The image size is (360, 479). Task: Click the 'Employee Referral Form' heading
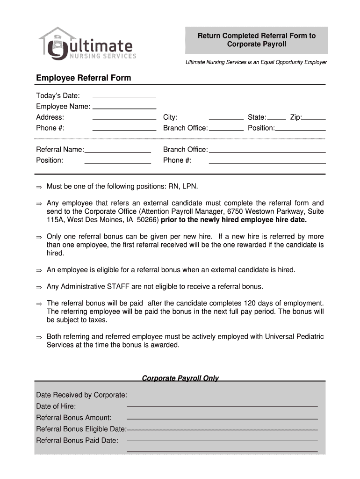pos(84,78)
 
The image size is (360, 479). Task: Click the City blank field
pos(226,117)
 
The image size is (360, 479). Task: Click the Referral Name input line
pos(118,150)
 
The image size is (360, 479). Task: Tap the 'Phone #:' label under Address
pos(50,128)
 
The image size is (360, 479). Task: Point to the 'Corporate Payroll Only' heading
pos(180,378)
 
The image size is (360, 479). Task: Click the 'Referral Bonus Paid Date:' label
pos(77,441)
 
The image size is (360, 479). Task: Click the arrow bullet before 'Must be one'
pos(39,187)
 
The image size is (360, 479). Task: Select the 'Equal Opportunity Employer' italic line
pos(256,62)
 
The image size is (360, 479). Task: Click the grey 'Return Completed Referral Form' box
pos(256,40)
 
